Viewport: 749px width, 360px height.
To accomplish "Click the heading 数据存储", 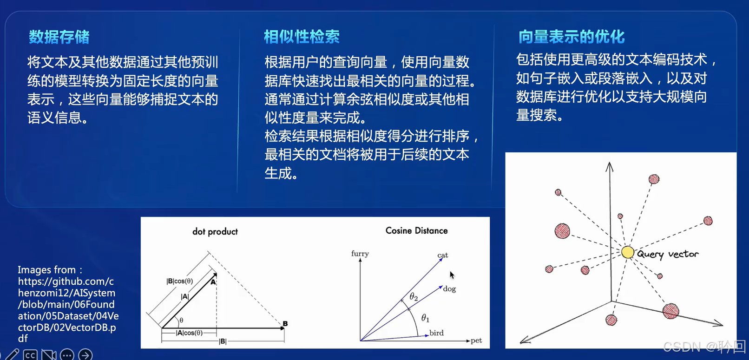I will (59, 37).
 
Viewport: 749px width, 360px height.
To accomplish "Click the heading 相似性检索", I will (302, 37).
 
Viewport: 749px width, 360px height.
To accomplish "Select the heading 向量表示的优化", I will (571, 37).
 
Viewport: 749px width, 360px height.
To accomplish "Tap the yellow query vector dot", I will (627, 252).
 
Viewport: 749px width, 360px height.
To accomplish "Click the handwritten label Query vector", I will (667, 254).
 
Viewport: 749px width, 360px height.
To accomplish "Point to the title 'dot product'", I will (215, 231).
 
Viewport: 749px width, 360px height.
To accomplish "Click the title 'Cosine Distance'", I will (416, 230).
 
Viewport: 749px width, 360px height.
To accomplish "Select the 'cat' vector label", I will (442, 255).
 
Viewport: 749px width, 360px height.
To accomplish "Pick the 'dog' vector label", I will (449, 289).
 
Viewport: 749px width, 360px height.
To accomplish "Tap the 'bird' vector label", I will (436, 333).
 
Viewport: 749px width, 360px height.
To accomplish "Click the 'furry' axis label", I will (360, 254).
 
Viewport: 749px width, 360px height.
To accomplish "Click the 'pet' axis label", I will (476, 340).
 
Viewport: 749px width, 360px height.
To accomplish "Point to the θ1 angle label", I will (425, 318).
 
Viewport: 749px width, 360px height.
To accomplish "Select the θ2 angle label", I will (414, 297).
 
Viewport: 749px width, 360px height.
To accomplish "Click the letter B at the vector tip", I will (285, 323).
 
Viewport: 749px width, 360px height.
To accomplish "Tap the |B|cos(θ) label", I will (179, 281).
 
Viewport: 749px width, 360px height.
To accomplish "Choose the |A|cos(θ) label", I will (189, 333).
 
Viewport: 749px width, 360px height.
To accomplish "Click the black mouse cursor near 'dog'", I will (452, 275).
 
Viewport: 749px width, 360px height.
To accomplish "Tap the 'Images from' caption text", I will (50, 270).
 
